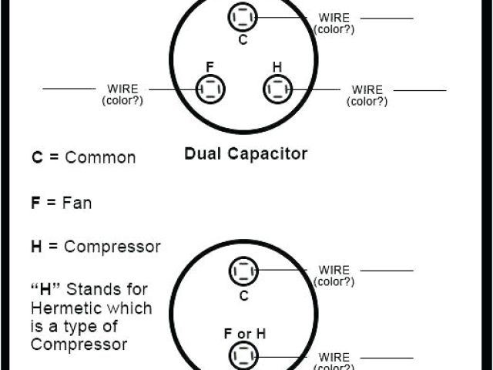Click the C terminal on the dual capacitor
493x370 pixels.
point(243,17)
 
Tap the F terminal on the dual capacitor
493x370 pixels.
point(210,89)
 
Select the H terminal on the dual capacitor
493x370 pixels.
point(277,89)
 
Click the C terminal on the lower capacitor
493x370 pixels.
point(243,271)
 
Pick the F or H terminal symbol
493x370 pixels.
point(243,356)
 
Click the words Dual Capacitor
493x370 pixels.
point(246,153)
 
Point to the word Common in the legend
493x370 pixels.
point(100,158)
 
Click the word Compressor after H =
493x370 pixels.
point(112,247)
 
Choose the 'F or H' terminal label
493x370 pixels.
point(244,334)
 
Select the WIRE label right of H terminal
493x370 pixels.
point(367,90)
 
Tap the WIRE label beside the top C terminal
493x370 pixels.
point(334,18)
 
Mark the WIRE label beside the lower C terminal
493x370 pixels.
point(334,271)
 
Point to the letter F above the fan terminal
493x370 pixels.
point(209,66)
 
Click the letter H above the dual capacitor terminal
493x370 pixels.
point(277,66)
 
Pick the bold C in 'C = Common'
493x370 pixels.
point(36,158)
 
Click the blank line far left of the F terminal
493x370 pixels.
point(69,89)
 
